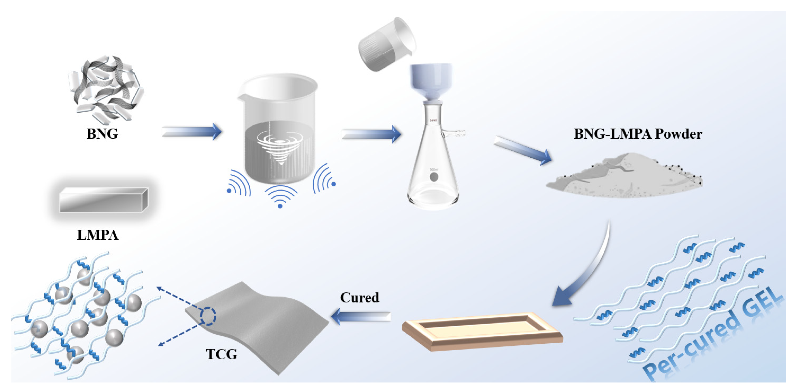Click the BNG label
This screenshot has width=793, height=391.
pos(102,134)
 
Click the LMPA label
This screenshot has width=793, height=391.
pos(98,235)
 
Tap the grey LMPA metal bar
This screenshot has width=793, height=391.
pos(103,200)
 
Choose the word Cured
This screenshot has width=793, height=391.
pos(360,298)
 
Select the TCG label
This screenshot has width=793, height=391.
pos(222,354)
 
